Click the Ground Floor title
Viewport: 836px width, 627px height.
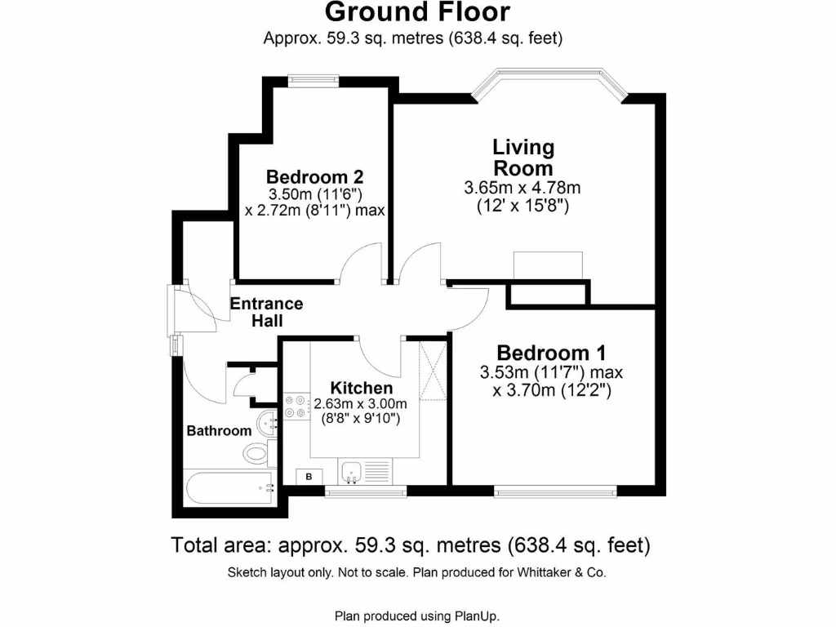tap(417, 12)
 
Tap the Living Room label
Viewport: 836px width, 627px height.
tap(522, 158)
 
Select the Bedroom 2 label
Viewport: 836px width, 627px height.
tap(314, 176)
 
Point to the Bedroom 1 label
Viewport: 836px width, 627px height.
tap(551, 353)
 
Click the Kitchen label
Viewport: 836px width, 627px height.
tap(361, 388)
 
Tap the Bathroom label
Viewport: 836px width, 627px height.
tap(219, 430)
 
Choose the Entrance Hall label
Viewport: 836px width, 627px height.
tap(266, 312)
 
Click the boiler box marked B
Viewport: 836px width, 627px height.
tap(309, 476)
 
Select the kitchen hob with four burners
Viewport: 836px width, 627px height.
tap(295, 406)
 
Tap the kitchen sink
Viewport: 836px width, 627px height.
tap(353, 471)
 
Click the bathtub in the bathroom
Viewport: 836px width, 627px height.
tap(229, 487)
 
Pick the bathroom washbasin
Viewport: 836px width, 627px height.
tap(268, 424)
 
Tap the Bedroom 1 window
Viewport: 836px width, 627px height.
tap(556, 491)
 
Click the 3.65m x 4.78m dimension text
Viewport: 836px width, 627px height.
tap(522, 188)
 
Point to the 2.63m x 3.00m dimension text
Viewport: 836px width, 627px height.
tap(361, 403)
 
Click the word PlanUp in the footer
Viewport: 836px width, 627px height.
tap(477, 616)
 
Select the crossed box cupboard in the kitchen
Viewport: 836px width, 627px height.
tap(433, 371)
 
